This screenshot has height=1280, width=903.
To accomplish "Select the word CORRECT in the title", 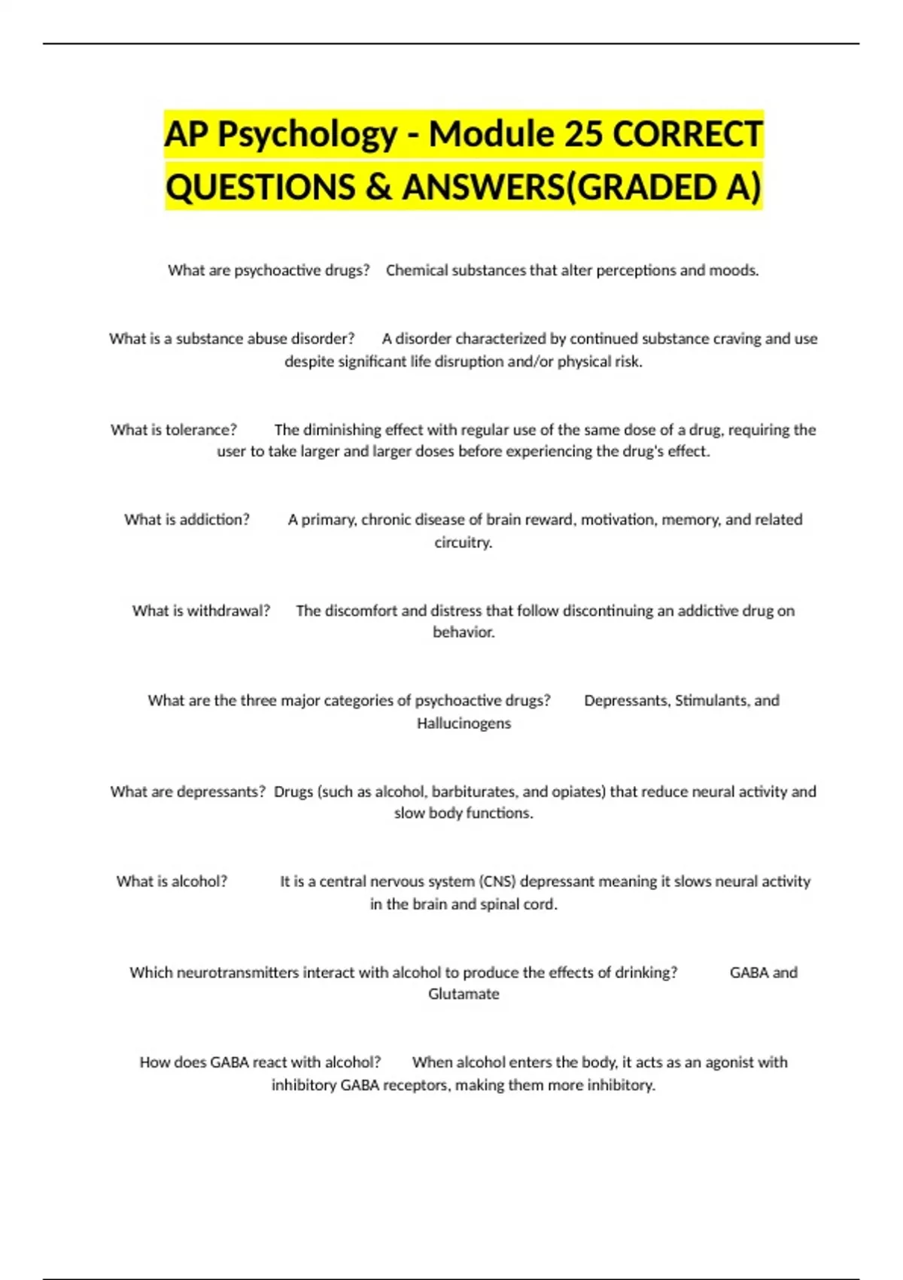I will (688, 135).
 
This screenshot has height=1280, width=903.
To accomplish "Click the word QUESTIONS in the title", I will (260, 187).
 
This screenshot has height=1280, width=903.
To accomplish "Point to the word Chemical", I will (416, 270).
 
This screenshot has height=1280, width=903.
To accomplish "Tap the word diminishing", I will (340, 430).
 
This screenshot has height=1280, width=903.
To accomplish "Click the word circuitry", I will (464, 542).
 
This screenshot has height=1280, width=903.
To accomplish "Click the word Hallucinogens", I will (464, 724).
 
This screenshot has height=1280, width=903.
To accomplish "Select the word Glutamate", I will (464, 994).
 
